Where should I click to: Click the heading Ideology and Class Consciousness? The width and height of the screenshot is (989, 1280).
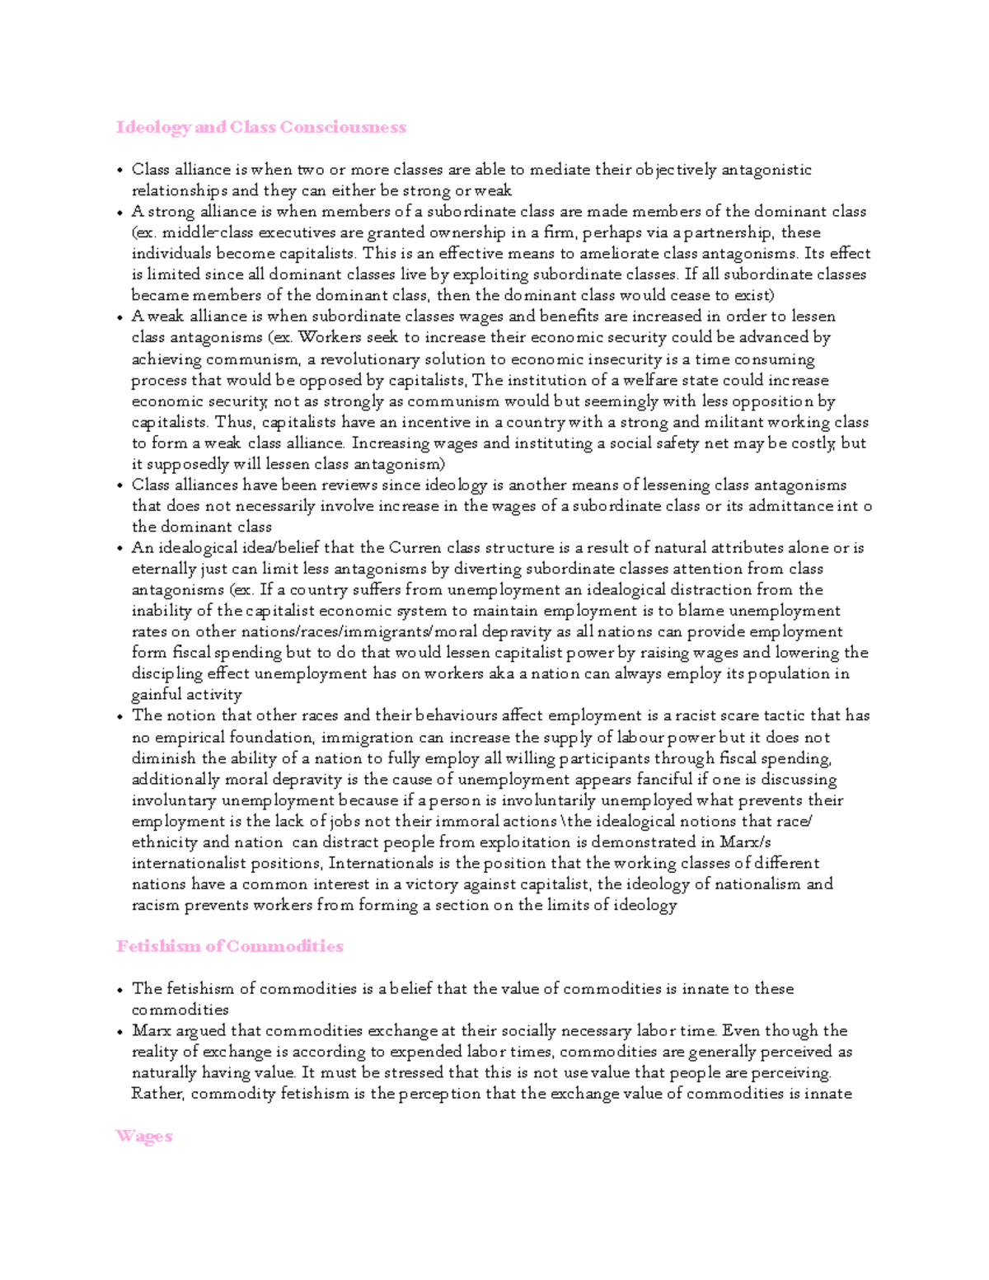pos(261,127)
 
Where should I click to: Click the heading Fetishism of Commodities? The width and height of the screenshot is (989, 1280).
pos(229,946)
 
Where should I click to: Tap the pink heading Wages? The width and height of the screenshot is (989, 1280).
pos(143,1137)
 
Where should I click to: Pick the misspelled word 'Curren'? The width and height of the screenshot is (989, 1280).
pos(415,548)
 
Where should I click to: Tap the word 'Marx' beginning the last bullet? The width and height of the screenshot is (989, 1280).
pos(152,1031)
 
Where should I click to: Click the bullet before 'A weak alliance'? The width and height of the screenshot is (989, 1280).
pos(120,317)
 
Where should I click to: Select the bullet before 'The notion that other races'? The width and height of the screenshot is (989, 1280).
pos(120,717)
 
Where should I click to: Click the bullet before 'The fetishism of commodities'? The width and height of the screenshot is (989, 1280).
pos(120,990)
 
